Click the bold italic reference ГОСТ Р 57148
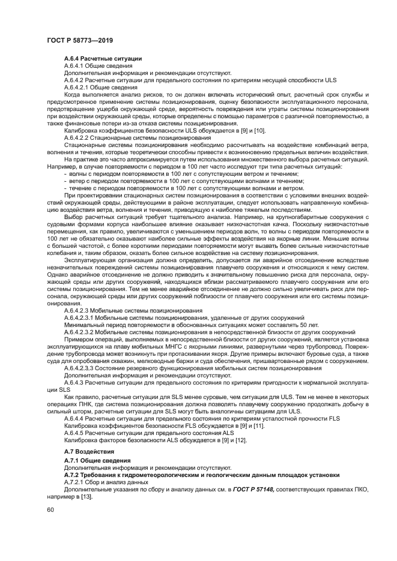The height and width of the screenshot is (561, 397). coord(252,489)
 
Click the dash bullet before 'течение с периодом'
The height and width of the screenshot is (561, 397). coord(65,188)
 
